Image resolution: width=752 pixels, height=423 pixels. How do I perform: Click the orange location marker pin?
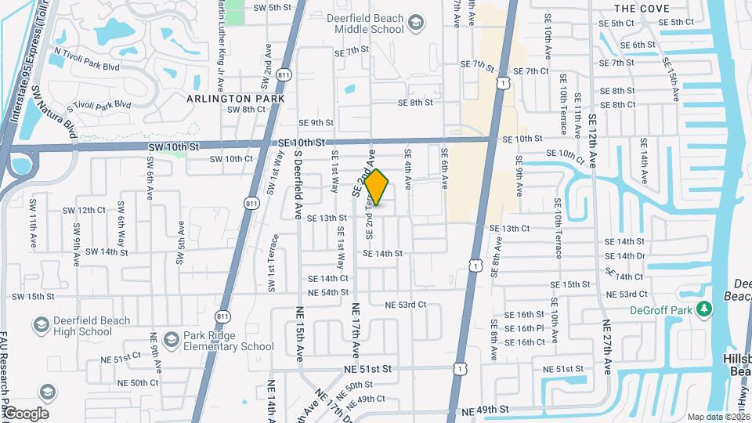[377, 187]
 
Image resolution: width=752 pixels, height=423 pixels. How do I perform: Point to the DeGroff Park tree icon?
[705, 309]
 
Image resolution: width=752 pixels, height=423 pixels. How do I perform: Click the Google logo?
[25, 413]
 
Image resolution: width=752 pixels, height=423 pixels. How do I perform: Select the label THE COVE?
[642, 9]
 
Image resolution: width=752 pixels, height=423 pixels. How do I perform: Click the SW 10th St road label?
[172, 146]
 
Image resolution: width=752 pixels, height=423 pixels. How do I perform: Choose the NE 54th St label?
[328, 293]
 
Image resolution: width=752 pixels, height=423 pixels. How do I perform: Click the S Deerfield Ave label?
[298, 188]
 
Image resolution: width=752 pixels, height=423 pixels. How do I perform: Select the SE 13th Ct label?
[510, 228]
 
